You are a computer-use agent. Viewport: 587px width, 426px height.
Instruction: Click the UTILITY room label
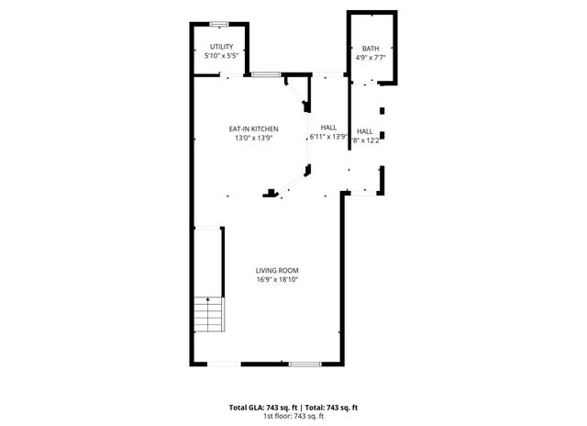click(x=221, y=47)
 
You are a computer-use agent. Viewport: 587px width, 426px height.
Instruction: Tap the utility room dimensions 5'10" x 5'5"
click(x=221, y=57)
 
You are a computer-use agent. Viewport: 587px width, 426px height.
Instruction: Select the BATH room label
click(x=370, y=49)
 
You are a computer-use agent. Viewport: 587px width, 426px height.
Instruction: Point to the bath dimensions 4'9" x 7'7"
click(x=370, y=58)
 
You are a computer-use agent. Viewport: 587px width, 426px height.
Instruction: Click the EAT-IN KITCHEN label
click(x=253, y=129)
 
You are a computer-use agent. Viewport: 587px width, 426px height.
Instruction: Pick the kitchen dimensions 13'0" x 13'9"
click(x=253, y=138)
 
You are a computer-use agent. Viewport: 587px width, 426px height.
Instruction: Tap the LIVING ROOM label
click(x=277, y=270)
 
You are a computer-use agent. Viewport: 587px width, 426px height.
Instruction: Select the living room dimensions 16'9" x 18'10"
click(x=277, y=279)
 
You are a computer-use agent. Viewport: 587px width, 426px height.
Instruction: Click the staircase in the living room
click(x=210, y=315)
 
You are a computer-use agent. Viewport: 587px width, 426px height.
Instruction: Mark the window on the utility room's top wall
click(x=219, y=22)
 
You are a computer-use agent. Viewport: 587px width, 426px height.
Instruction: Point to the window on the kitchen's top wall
click(x=266, y=74)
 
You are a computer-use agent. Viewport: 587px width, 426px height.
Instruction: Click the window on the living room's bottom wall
click(x=305, y=364)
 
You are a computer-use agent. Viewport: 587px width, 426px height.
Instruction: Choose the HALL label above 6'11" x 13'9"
click(x=327, y=127)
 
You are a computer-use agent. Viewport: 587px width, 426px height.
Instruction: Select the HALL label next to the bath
click(x=365, y=131)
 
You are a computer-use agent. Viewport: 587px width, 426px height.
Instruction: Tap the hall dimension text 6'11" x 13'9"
click(x=327, y=137)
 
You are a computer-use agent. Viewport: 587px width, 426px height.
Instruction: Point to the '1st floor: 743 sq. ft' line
click(x=293, y=416)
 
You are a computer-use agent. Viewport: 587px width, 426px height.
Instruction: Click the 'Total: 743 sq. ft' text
click(x=331, y=407)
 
